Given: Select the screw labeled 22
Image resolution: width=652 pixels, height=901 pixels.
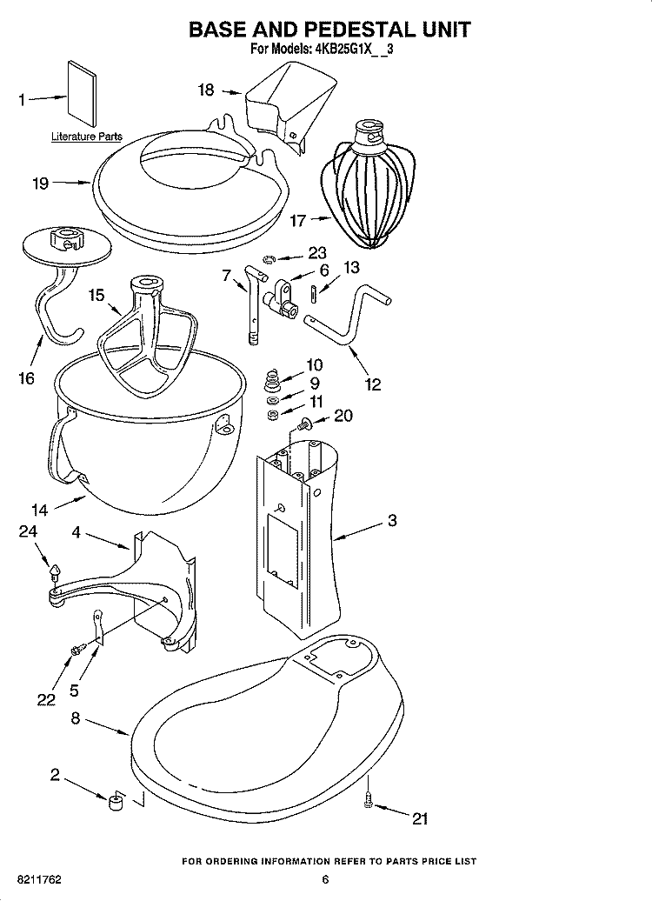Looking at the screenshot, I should (x=78, y=648).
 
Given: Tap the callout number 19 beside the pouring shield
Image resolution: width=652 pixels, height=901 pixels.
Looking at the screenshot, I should (x=38, y=184).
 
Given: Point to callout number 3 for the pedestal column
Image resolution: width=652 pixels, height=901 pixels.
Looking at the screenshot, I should (x=392, y=521).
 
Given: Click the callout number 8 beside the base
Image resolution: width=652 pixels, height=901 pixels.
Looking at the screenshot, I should (x=76, y=718).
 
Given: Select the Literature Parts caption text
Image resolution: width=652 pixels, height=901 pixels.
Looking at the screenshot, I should (x=86, y=137).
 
